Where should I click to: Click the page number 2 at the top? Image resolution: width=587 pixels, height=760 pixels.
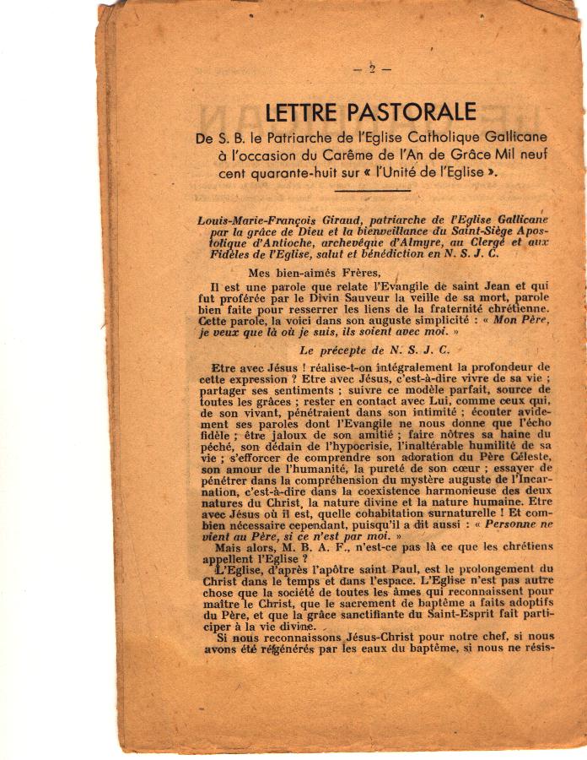pos(372,70)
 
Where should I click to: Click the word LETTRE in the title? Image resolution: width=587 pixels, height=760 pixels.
pos(306,111)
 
